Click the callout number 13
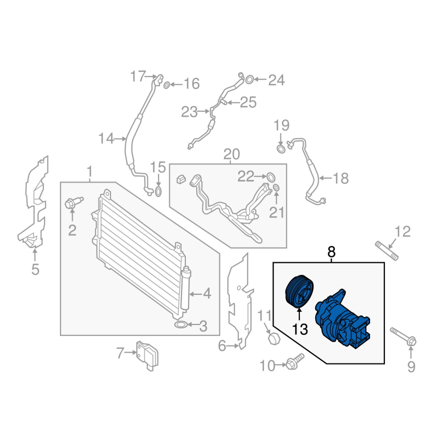(x=300, y=329)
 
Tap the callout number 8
(x=331, y=252)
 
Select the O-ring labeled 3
(x=179, y=326)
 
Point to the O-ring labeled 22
(x=271, y=177)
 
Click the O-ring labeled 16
(x=166, y=84)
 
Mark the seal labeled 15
(x=158, y=191)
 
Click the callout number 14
(x=106, y=139)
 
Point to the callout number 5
(x=35, y=269)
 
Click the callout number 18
(x=341, y=178)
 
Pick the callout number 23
(x=189, y=112)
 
